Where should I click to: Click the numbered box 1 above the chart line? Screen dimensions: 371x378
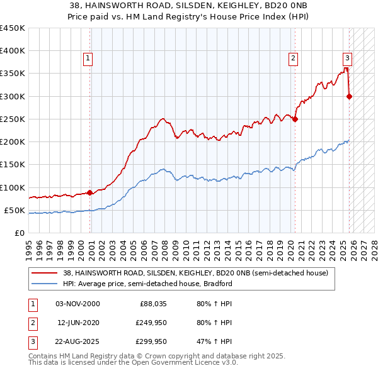tap(88, 58)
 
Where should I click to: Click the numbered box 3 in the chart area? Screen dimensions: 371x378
tap(347, 58)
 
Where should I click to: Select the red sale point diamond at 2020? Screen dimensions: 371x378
tap(295, 119)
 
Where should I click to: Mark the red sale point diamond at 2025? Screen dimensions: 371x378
tap(350, 96)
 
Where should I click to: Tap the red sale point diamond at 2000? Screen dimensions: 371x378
tap(89, 192)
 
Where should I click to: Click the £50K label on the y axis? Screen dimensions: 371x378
tap(14, 210)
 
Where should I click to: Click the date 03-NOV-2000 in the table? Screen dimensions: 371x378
tap(77, 304)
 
